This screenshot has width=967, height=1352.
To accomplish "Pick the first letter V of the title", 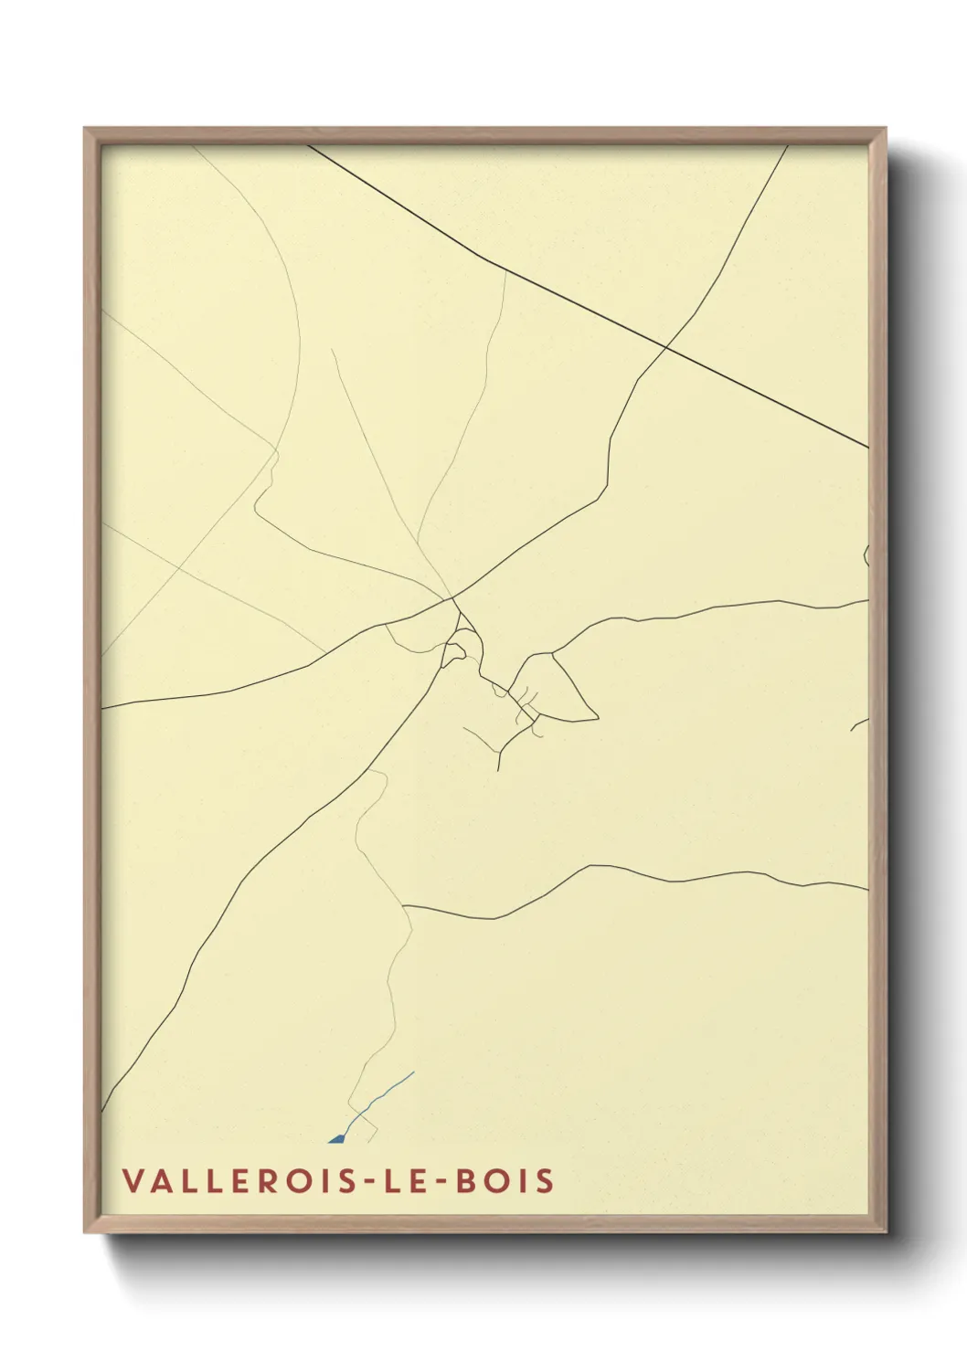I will click(133, 1180).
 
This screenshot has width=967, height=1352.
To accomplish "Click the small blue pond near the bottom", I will click(336, 1138).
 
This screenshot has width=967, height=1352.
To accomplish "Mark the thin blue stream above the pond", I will click(384, 1094).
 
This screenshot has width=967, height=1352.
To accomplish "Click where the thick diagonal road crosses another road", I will click(666, 348).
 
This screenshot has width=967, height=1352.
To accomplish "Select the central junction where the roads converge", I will click(452, 598).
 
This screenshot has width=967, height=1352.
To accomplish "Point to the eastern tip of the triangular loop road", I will click(597, 717).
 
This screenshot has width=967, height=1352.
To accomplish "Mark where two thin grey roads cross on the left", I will click(179, 566).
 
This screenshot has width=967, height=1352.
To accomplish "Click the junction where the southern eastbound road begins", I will click(403, 906).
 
